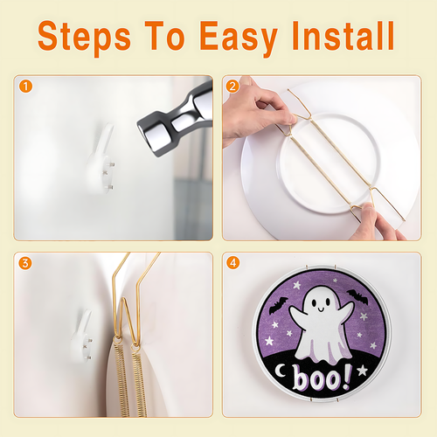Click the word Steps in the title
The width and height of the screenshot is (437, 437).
coord(84,38)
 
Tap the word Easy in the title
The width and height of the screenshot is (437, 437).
coord(239,38)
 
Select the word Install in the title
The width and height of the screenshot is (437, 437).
coord(343,36)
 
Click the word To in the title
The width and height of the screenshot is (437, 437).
coord(164,36)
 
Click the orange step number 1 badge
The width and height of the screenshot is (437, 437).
coord(25,87)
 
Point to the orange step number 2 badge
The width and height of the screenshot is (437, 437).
coord(232,87)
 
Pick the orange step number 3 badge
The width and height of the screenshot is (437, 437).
coord(25,263)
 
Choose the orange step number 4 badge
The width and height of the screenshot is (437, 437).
coord(232,263)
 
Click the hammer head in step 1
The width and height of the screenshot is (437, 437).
coord(175,120)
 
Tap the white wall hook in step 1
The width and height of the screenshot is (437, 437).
coord(101,160)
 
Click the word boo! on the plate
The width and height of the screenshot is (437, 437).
coord(322,378)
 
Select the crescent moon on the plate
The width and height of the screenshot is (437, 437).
coord(281,371)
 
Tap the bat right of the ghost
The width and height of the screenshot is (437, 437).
coord(357,297)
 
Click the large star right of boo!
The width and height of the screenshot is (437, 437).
coord(363,370)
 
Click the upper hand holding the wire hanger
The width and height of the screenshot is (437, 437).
coord(256,112)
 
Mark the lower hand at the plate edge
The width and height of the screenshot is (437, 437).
coord(376,223)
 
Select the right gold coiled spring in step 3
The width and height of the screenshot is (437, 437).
coord(139,382)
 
